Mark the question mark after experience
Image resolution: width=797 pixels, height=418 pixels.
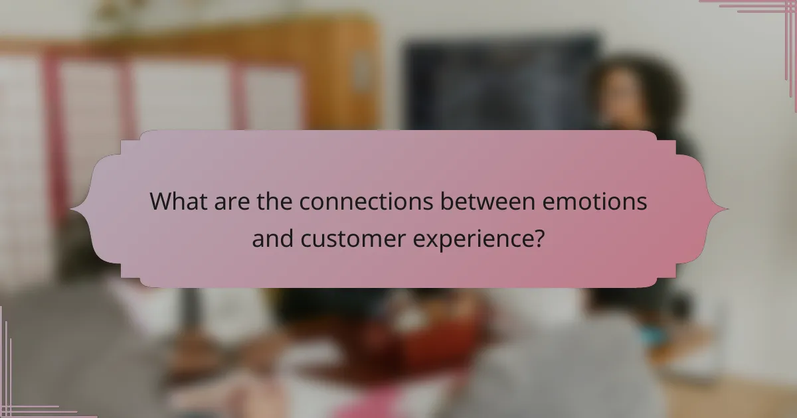[540, 238]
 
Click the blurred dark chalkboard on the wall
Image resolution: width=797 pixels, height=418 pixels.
[498, 80]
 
